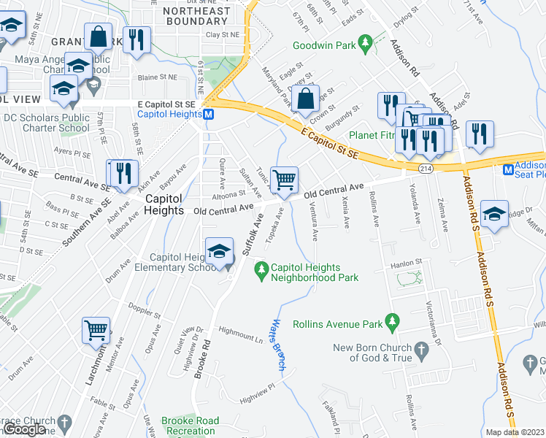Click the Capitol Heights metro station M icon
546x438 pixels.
click(x=208, y=115)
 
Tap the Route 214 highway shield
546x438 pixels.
click(x=424, y=169)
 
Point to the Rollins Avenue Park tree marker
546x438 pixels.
click(x=393, y=322)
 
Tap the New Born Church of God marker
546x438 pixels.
click(x=421, y=353)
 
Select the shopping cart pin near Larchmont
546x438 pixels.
click(x=96, y=330)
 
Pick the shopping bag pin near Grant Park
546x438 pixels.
click(x=97, y=36)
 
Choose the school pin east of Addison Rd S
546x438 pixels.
click(x=494, y=213)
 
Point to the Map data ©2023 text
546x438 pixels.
click(x=515, y=432)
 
